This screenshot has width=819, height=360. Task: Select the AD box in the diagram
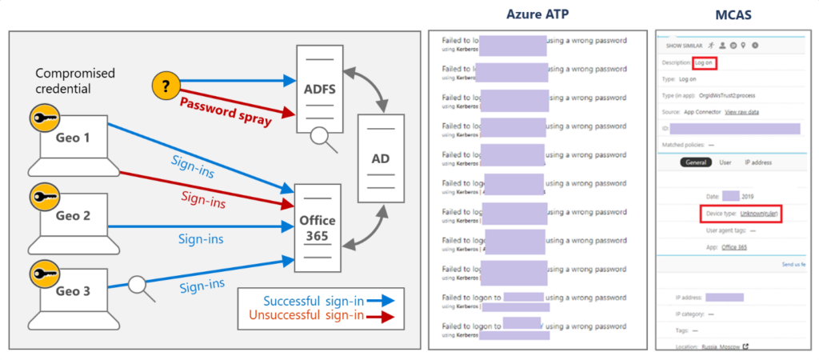coord(381,158)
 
